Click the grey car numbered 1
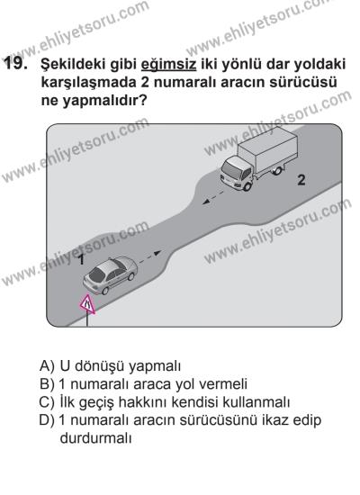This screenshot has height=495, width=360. pos(109,274)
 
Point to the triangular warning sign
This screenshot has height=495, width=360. pos(87,306)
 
